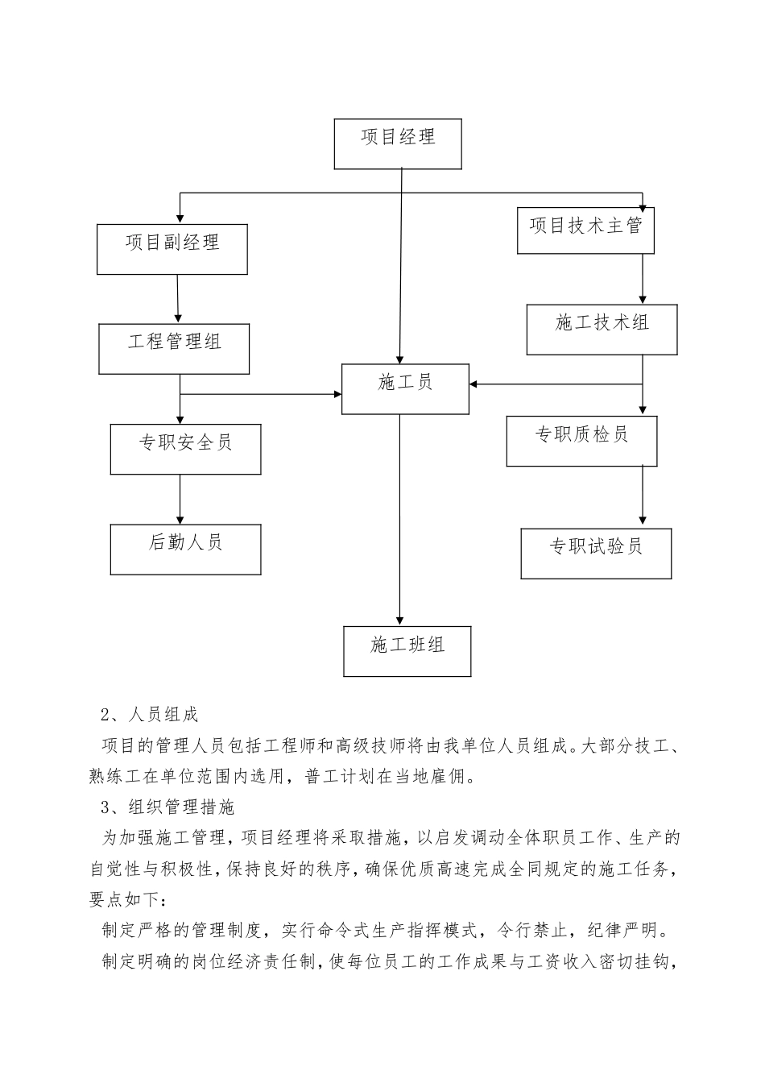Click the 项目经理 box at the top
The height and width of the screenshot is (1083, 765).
(x=398, y=144)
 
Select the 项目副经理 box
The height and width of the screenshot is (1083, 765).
(x=172, y=249)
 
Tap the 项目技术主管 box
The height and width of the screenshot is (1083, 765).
(x=585, y=230)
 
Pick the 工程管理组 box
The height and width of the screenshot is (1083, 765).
(x=174, y=348)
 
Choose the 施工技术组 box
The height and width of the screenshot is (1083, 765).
(x=602, y=329)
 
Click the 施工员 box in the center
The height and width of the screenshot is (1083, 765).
(x=405, y=389)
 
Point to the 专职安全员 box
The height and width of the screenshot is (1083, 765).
(x=185, y=449)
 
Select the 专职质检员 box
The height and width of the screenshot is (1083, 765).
(x=581, y=441)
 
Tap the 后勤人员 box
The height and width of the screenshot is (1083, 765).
(x=185, y=549)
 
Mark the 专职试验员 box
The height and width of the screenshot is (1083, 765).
(x=596, y=553)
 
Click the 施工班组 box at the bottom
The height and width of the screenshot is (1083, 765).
(x=407, y=651)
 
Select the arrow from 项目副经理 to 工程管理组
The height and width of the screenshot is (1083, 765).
(x=177, y=299)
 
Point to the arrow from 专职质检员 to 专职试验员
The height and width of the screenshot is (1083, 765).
(x=643, y=496)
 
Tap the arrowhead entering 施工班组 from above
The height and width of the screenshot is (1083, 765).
(x=399, y=619)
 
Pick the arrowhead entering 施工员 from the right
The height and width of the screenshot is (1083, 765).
(x=475, y=384)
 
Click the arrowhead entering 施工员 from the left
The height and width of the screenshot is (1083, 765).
(x=337, y=394)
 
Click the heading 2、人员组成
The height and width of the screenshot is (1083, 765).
(x=150, y=714)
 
